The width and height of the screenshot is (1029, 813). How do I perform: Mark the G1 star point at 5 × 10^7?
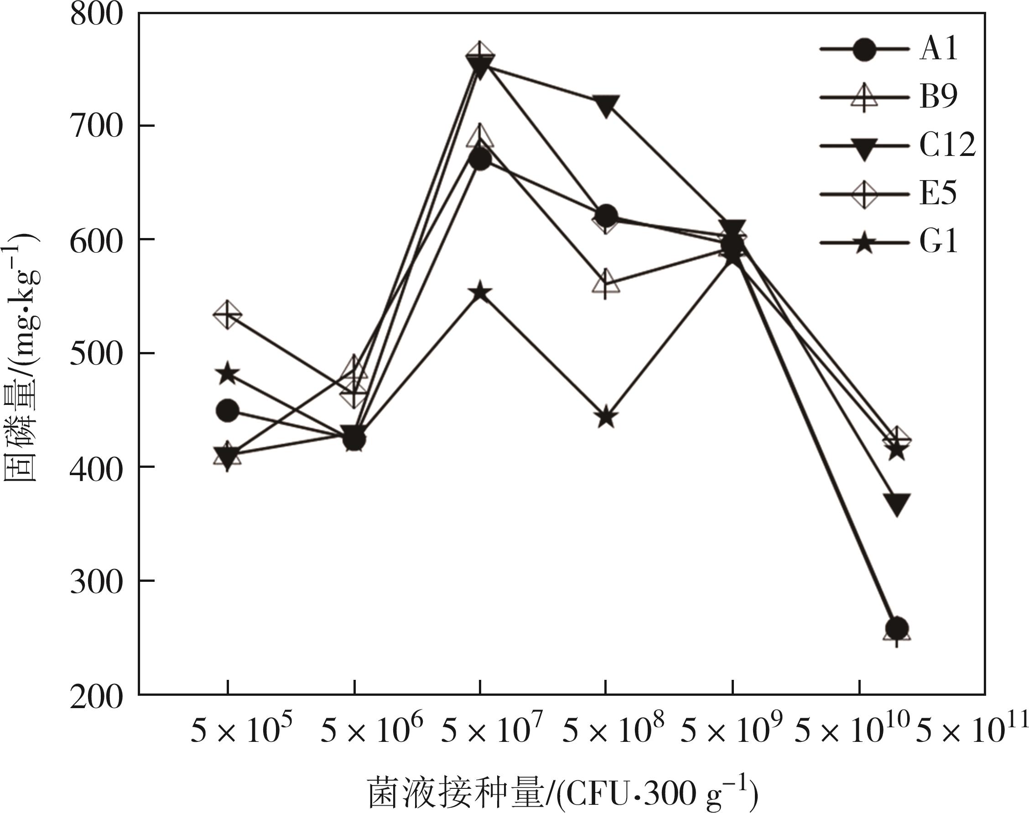tap(480, 292)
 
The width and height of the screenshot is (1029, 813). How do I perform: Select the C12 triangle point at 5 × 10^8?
tap(606, 105)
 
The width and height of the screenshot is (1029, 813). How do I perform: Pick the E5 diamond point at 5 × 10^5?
tap(228, 315)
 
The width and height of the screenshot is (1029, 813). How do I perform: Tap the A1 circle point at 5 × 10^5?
tap(228, 410)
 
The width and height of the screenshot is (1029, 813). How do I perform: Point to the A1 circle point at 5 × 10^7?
tap(480, 160)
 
